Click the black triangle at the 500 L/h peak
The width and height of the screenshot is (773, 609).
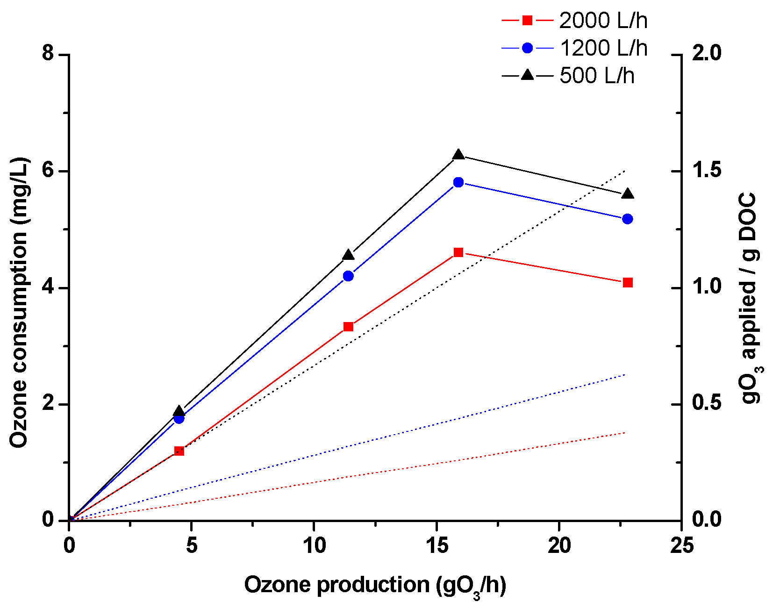(458, 155)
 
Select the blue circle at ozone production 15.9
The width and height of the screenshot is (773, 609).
(458, 182)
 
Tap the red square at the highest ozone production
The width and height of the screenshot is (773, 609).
(628, 283)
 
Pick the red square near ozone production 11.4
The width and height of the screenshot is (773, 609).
(348, 327)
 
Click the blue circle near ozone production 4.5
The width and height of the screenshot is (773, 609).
(179, 418)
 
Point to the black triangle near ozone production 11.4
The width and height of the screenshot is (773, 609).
(348, 255)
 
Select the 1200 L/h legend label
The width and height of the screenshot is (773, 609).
(603, 48)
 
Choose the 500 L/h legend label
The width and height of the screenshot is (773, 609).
(597, 76)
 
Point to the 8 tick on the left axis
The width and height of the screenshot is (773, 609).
(48, 54)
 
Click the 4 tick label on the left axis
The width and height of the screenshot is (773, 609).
(48, 287)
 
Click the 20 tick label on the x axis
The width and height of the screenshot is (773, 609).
(559, 545)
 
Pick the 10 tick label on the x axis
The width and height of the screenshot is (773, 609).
(314, 545)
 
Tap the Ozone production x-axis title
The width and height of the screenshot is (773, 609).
(375, 586)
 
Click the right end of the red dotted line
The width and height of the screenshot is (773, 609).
(625, 433)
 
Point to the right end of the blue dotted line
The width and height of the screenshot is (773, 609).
(625, 374)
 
